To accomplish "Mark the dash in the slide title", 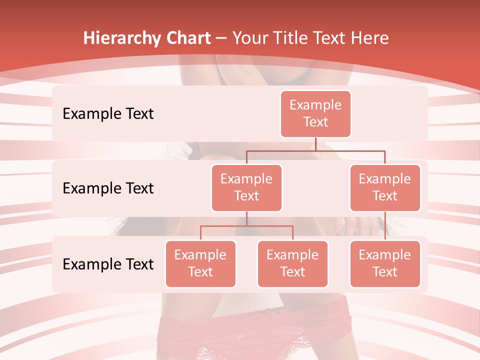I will pyautogui.click(x=221, y=38).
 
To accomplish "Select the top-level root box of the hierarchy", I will pyautogui.click(x=315, y=113).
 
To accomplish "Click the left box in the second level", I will pyautogui.click(x=246, y=187).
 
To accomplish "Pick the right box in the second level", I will pyautogui.click(x=385, y=187).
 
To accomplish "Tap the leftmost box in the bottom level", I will pyautogui.click(x=200, y=263).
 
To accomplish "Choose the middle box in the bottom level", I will pyautogui.click(x=292, y=263).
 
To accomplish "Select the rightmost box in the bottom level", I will pyautogui.click(x=385, y=263).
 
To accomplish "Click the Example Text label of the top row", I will pyautogui.click(x=108, y=113).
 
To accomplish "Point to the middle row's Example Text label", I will pyautogui.click(x=108, y=188).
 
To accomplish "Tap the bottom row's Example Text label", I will pyautogui.click(x=108, y=264).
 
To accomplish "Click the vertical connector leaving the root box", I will pyautogui.click(x=315, y=144).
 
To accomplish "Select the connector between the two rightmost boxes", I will pyautogui.click(x=385, y=225).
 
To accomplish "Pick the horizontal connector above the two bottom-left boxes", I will pyautogui.click(x=246, y=226).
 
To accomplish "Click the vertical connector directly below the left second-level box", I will pyautogui.click(x=246, y=218).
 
